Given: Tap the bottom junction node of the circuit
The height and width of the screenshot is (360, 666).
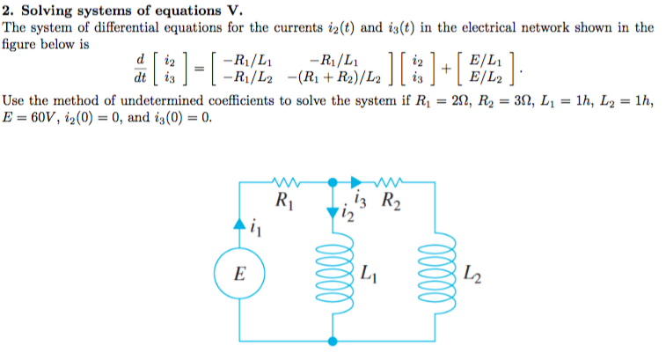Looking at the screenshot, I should [333, 340].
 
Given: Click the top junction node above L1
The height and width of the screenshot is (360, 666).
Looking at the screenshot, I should [333, 183].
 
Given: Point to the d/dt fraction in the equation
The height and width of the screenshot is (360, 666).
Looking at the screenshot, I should [139, 69].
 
